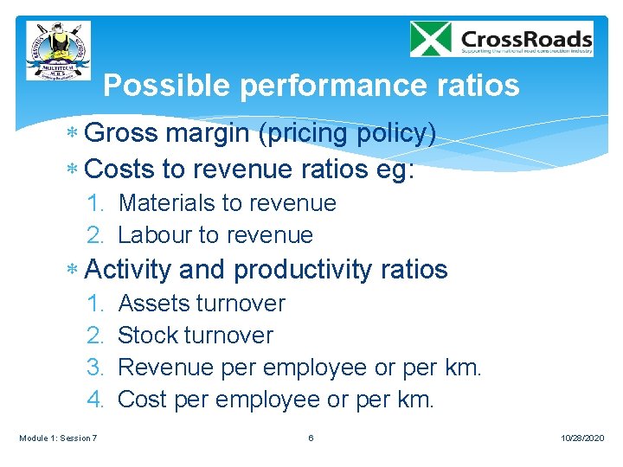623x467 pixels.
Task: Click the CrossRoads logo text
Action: click(x=526, y=39)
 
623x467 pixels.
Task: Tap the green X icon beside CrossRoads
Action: click(x=431, y=39)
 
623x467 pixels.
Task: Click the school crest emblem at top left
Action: click(x=58, y=50)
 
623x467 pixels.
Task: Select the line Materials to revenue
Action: click(x=227, y=203)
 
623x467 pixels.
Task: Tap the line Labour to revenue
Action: click(x=215, y=234)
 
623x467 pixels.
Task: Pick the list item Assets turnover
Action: click(x=201, y=304)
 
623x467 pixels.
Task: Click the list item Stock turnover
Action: click(x=195, y=336)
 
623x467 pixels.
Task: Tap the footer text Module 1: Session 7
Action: click(x=58, y=438)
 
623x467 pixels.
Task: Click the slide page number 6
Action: click(x=311, y=438)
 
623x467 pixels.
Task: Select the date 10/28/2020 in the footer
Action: click(x=581, y=438)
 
